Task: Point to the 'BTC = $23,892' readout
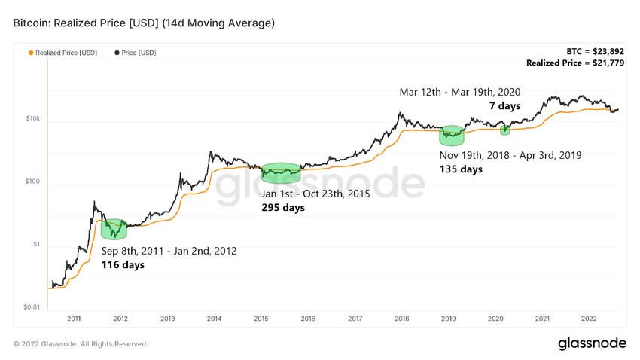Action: click(x=597, y=51)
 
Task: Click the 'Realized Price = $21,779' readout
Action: click(x=576, y=63)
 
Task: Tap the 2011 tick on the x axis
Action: click(x=74, y=319)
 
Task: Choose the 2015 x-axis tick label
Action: click(x=261, y=319)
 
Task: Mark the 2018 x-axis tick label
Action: click(x=401, y=319)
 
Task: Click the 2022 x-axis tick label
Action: click(x=589, y=319)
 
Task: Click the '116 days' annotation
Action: click(x=123, y=264)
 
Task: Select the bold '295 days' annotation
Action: click(x=283, y=207)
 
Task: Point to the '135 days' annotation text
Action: click(x=461, y=169)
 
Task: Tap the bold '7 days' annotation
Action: click(x=504, y=106)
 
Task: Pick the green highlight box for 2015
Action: click(x=281, y=172)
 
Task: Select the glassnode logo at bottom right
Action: click(x=592, y=343)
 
